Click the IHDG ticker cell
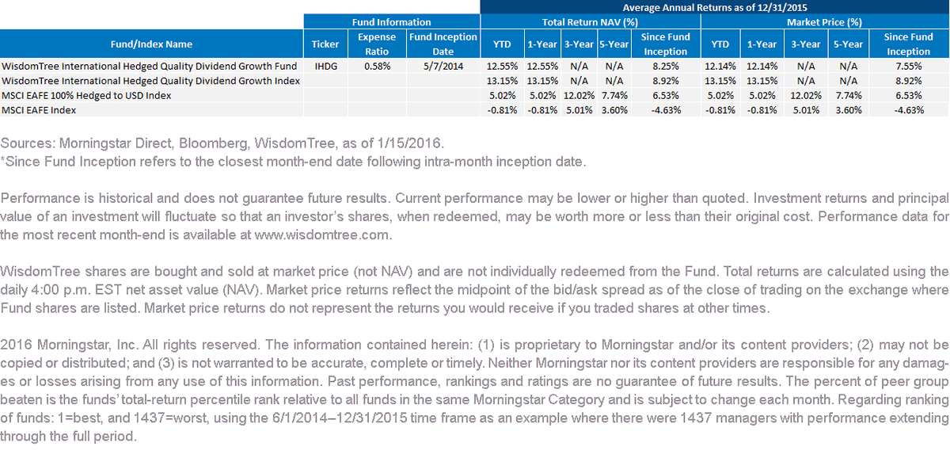coord(325,67)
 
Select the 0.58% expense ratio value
coord(377,67)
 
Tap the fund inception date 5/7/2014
coord(443,67)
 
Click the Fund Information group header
coord(391,22)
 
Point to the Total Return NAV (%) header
coord(590,22)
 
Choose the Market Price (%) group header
coord(824,22)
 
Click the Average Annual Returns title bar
coord(715,7)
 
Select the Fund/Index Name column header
coord(151,44)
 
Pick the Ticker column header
coord(325,44)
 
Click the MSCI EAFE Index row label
coord(39,110)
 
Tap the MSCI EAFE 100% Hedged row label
coord(86,95)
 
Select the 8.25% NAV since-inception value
coord(666,67)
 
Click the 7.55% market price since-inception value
coord(909,67)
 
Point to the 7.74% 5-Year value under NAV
coord(614,95)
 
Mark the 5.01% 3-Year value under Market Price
coord(806,110)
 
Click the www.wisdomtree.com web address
coord(321,235)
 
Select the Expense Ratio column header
coord(377,44)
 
